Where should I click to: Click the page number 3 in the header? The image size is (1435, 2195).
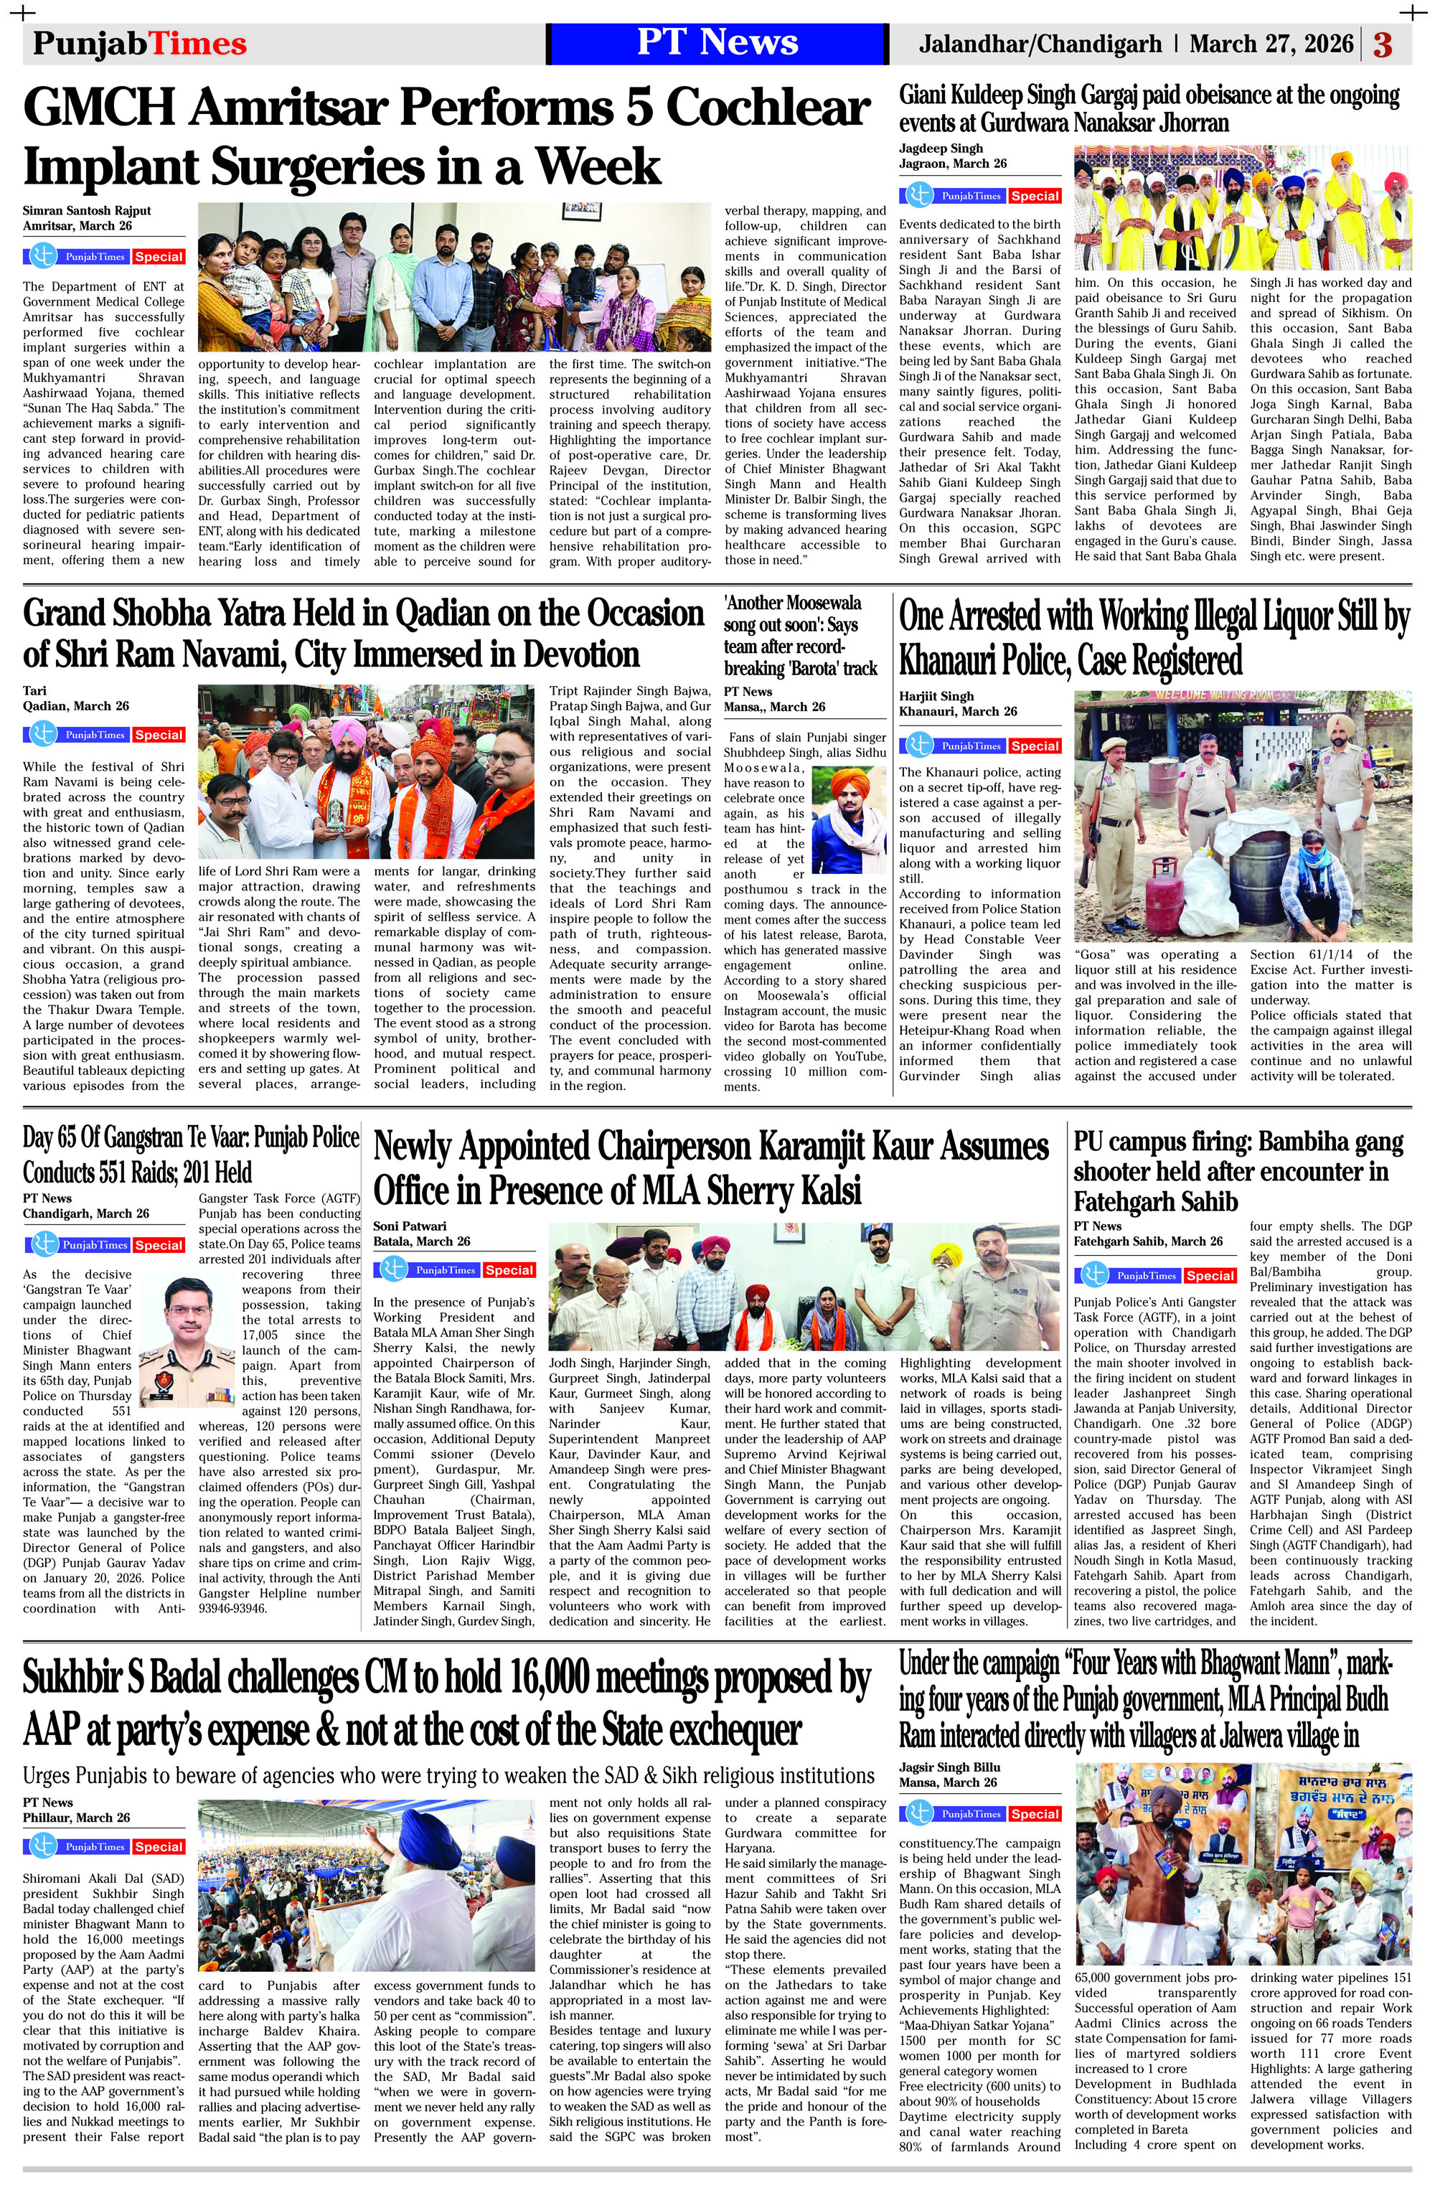coord(1383,44)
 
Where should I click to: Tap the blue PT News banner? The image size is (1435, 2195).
coord(717,43)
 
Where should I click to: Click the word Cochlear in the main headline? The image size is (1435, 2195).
coord(769,109)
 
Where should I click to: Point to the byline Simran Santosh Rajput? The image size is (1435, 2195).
coord(87,210)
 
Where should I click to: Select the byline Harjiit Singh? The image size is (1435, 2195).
coord(936,696)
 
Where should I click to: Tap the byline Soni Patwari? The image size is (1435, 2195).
coord(410,1226)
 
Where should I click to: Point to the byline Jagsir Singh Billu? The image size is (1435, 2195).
coord(950,1768)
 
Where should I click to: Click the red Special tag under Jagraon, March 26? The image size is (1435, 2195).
coord(1034,197)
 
